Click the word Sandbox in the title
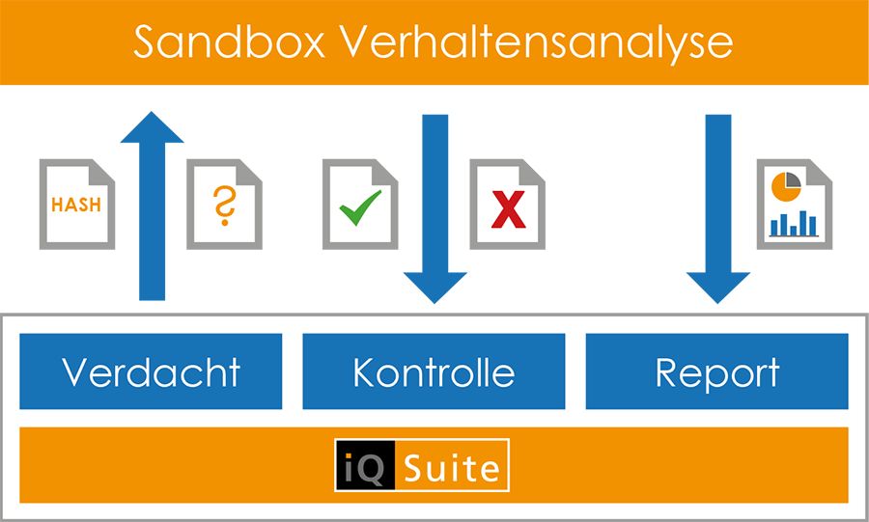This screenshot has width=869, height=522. point(229,42)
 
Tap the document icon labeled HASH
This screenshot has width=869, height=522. point(77,204)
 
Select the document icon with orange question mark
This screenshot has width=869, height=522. point(224,204)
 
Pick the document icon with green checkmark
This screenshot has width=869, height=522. point(360,204)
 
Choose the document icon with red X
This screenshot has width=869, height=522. point(508,204)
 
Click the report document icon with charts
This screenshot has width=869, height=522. point(795,204)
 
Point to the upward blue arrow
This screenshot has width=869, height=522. point(152,206)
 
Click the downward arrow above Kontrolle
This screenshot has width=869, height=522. point(435,208)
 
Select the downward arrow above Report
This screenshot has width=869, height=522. point(718,208)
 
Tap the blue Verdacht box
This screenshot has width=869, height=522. point(151,371)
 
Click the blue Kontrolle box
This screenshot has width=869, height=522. point(434,371)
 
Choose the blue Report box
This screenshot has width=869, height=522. point(717,371)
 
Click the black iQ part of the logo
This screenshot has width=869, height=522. point(365,465)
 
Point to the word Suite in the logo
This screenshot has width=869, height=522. point(452,468)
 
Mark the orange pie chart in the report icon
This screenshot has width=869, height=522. point(786,186)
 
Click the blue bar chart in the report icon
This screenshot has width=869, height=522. point(794,224)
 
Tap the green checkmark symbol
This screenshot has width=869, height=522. point(360,207)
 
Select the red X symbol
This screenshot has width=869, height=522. point(508,209)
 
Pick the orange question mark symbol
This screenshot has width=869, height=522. point(224,205)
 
